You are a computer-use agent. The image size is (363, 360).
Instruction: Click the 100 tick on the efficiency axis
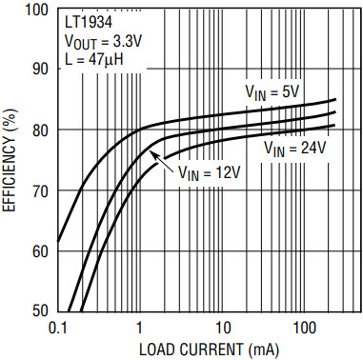coord(39,10)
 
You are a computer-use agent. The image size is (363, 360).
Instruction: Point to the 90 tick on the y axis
coord(43,69)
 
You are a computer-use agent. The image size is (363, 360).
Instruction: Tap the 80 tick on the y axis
coord(43,130)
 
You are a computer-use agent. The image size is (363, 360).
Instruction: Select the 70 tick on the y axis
coord(43,190)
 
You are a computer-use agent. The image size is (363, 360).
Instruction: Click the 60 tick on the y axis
coord(43,251)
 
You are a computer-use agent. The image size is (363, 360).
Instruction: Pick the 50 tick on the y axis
coord(43,310)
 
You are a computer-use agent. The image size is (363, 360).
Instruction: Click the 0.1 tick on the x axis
coord(57,329)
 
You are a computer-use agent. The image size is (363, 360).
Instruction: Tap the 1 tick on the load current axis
coord(139,329)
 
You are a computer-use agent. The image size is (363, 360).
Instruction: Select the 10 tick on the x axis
coord(222,329)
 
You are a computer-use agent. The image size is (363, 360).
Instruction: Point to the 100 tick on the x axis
coord(304,329)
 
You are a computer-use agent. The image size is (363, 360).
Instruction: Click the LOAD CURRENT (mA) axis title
coord(210,350)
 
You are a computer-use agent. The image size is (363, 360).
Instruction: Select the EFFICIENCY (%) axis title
coord(9,161)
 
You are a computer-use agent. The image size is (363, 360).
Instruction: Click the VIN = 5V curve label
coord(272,92)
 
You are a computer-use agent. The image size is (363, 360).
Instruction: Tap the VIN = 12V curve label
coord(209,172)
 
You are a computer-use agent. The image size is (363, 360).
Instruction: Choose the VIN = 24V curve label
coord(295,148)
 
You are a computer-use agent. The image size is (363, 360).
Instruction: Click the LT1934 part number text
coord(89,23)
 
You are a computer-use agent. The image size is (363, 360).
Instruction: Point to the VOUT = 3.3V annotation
coord(103,42)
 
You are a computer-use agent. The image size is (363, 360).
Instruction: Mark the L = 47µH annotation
coord(94,59)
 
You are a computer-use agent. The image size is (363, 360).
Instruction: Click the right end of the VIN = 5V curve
coord(335,100)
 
